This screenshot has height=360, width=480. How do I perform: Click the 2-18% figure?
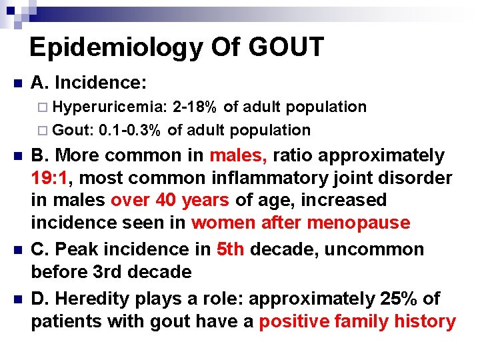click(x=195, y=107)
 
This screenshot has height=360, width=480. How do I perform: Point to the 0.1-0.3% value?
click(x=129, y=130)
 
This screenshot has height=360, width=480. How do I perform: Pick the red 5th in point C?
click(x=230, y=249)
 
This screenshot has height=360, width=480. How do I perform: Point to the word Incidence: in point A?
click(x=101, y=83)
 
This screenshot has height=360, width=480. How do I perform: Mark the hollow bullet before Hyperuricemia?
click(x=44, y=107)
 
